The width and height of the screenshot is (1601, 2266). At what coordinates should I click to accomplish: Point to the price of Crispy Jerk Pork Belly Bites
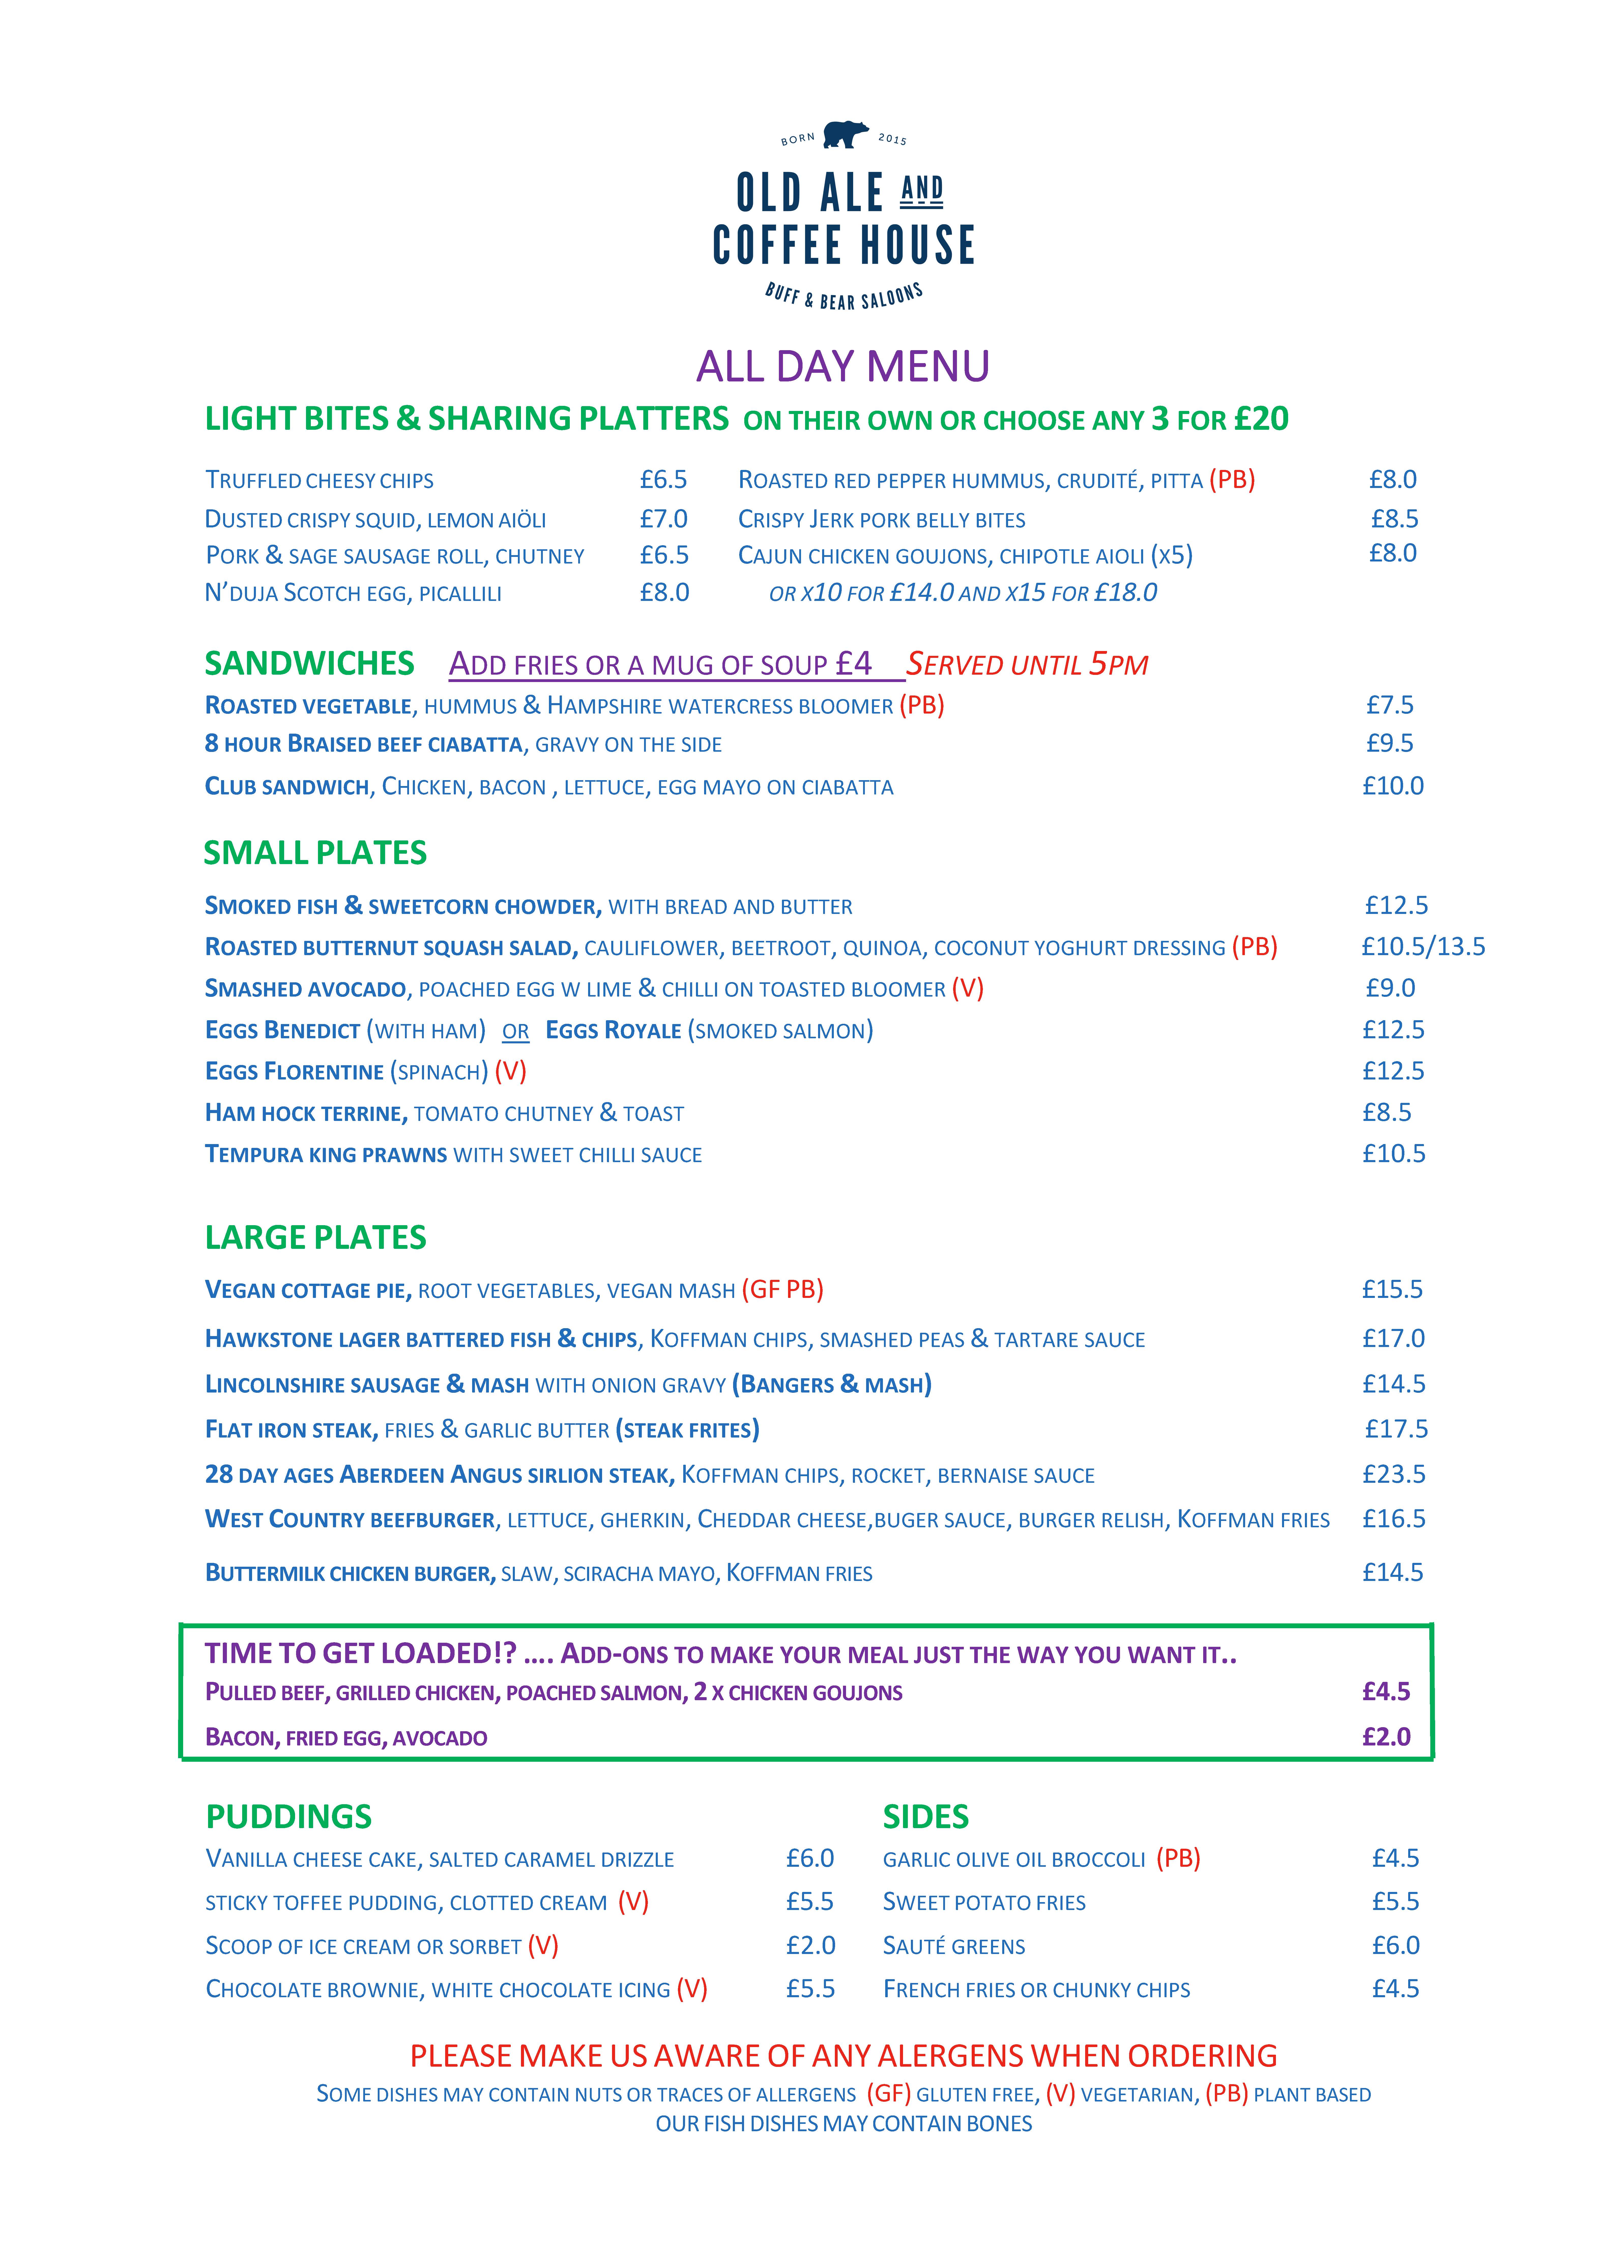tap(1394, 519)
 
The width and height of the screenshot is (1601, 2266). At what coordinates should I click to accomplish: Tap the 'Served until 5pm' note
tap(1027, 664)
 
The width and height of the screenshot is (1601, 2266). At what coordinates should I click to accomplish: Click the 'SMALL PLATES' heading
tap(315, 853)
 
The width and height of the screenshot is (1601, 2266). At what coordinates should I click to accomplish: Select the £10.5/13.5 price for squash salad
tap(1422, 946)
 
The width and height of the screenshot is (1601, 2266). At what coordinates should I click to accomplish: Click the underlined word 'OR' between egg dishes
tap(515, 1031)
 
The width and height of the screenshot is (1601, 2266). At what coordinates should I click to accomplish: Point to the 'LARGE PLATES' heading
tap(315, 1238)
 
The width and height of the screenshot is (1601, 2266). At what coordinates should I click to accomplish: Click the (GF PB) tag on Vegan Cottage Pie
tap(783, 1290)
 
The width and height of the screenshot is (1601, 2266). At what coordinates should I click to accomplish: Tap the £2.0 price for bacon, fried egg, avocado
tap(1386, 1737)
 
